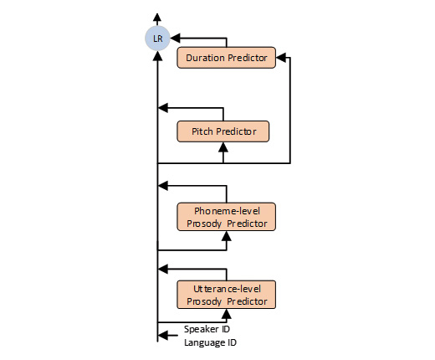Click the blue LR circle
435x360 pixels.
(157, 39)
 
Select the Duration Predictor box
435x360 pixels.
(226, 58)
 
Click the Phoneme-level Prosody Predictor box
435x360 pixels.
(226, 216)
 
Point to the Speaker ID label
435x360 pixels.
(207, 329)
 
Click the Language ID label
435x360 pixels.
(211, 342)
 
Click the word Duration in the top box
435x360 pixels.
(204, 58)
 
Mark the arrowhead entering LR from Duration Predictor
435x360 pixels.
(174, 39)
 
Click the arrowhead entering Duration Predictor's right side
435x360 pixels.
(281, 58)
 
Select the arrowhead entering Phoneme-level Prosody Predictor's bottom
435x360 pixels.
(226, 235)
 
